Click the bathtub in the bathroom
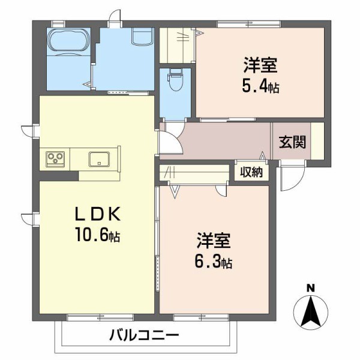coord(68,41)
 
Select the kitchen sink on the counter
coord(98,159)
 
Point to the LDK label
coord(98,214)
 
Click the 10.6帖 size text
coord(98,235)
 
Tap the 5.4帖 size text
coord(260,86)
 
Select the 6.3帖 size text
coord(214,262)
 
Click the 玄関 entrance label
coord(292,142)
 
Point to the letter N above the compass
coord(310,287)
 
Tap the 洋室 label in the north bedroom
coord(260,64)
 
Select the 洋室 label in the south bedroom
coord(213,239)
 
